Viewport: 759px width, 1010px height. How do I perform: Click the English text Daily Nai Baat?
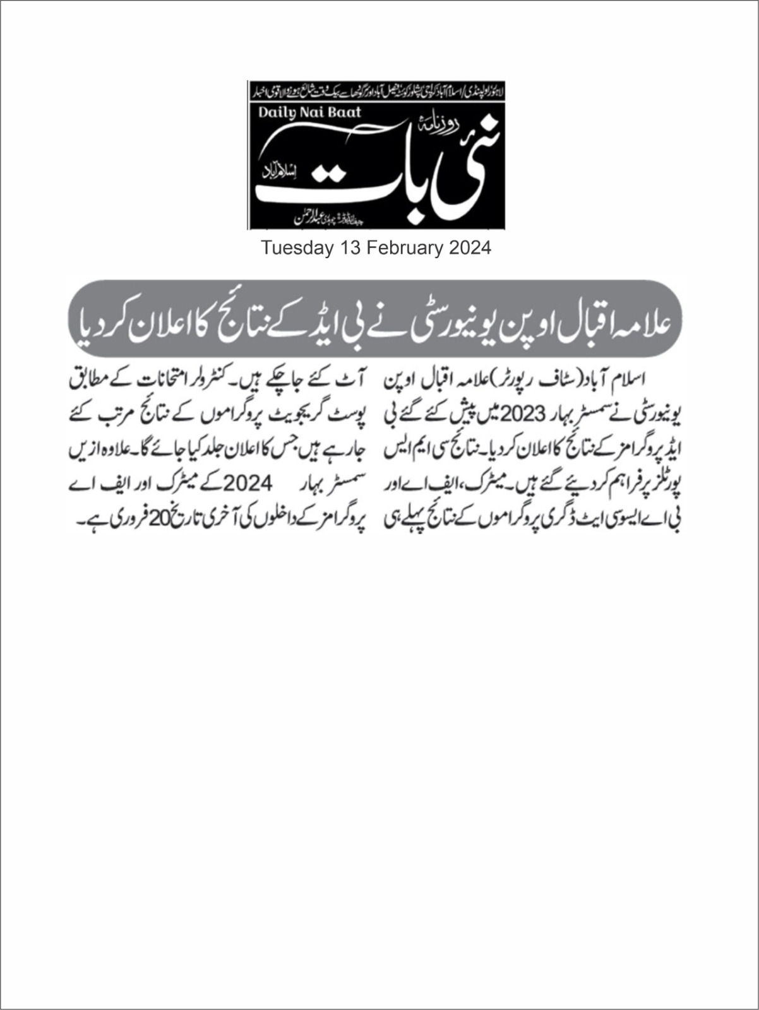click(309, 112)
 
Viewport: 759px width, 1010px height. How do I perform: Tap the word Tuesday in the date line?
click(297, 248)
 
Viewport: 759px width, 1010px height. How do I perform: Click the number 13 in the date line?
click(348, 248)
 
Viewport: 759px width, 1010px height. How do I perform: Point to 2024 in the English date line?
click(470, 248)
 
